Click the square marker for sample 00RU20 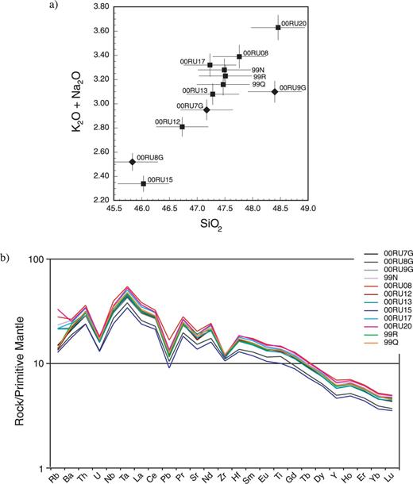pos(278,28)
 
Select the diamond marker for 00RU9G pos(275,91)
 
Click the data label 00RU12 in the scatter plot pos(168,121)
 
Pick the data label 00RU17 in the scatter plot pos(192,61)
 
